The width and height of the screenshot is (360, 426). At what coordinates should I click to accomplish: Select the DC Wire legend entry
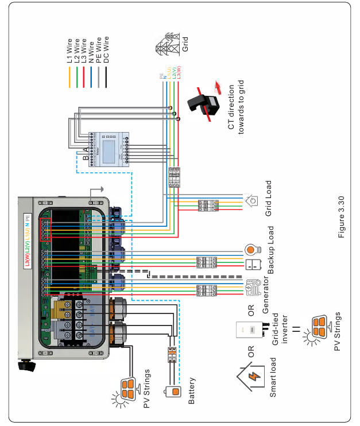tap(106, 50)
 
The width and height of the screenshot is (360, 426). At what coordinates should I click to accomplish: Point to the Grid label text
tap(185, 45)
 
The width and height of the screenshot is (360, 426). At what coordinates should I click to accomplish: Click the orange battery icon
tap(172, 392)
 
